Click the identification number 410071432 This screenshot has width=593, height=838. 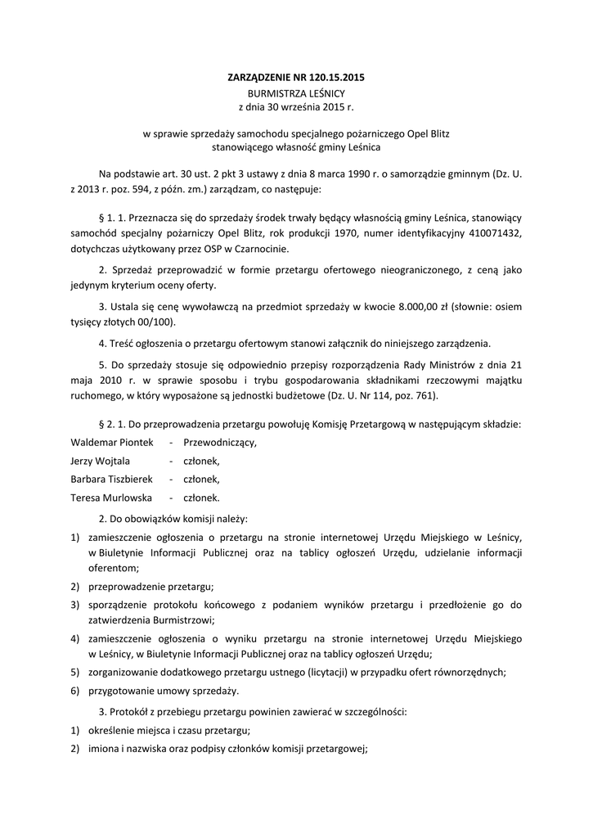(x=492, y=234)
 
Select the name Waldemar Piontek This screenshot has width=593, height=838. (x=112, y=442)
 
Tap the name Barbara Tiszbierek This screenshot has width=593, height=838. (x=117, y=479)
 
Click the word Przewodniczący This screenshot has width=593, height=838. (x=219, y=442)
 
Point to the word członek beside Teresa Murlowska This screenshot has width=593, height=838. (x=200, y=497)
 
